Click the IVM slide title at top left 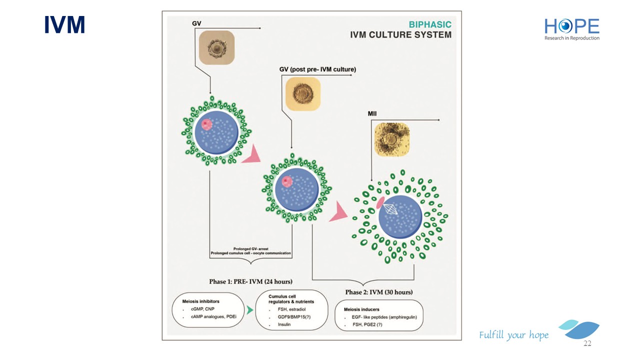[x=64, y=24]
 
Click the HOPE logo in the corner [x=571, y=28]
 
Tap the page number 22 [x=587, y=343]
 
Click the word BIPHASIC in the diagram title [x=430, y=24]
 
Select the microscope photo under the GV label [x=216, y=47]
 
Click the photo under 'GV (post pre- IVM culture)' [x=302, y=93]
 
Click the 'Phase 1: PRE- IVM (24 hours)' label [x=251, y=281]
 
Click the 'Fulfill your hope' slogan [x=513, y=335]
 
